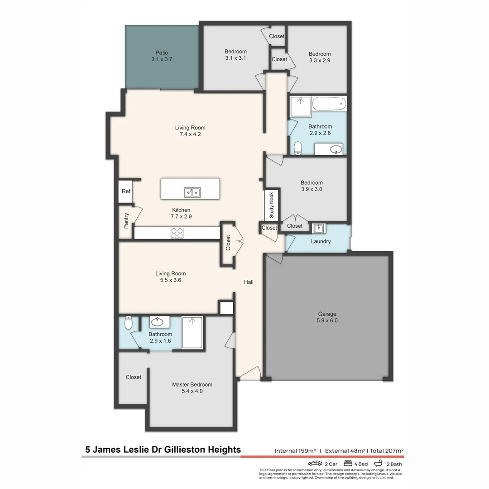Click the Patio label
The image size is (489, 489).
(x=162, y=56)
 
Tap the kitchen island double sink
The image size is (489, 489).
(x=192, y=192)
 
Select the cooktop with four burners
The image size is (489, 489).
(x=177, y=233)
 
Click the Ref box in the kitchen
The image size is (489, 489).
(x=126, y=192)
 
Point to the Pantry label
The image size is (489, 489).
(x=126, y=220)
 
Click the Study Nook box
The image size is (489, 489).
(x=272, y=205)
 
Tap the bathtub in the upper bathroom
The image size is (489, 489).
(x=329, y=104)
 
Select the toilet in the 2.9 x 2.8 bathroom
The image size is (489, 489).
(x=297, y=148)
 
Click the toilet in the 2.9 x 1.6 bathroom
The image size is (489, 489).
(x=128, y=323)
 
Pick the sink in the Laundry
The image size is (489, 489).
(x=319, y=228)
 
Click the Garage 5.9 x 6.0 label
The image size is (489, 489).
(x=327, y=317)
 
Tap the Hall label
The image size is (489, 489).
(x=249, y=282)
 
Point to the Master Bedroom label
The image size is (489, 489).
(x=192, y=388)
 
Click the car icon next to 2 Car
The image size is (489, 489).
(x=315, y=464)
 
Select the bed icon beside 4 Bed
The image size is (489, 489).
(x=349, y=463)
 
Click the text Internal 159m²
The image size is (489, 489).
(x=295, y=451)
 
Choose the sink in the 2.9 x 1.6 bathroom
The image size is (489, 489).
(x=157, y=322)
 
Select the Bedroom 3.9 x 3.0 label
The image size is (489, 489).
(x=312, y=186)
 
